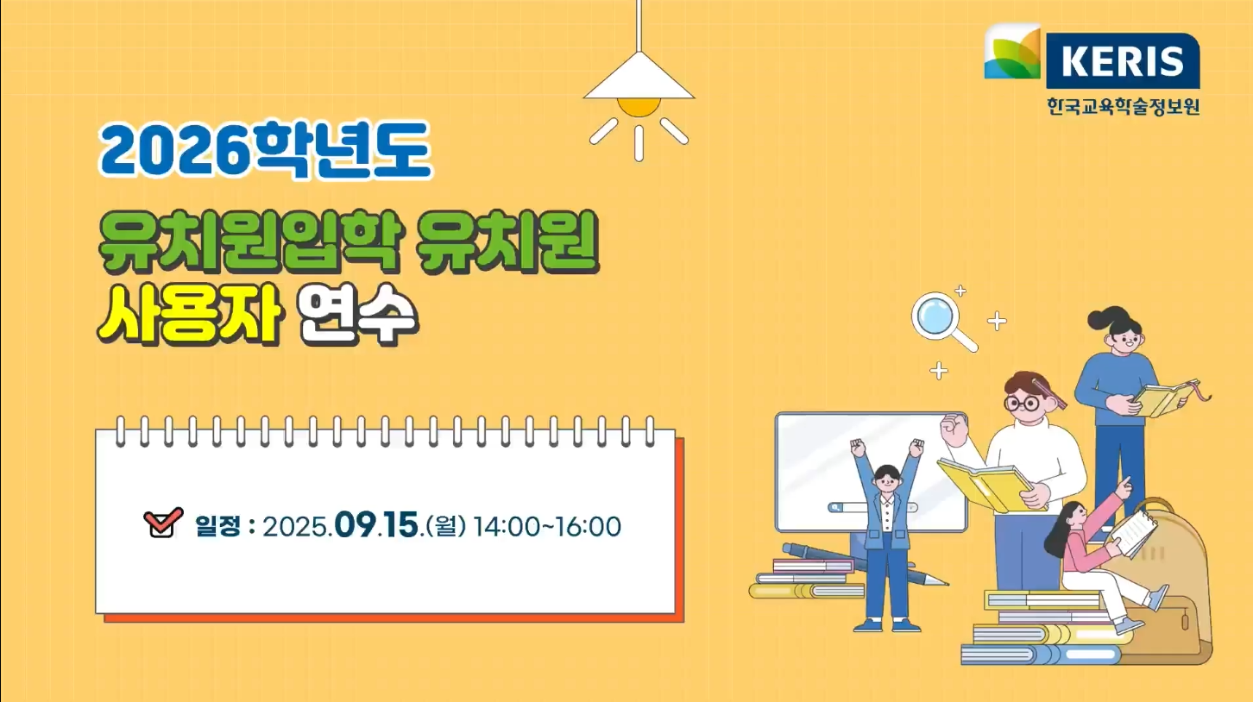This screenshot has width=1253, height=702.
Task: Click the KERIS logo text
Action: (x=1122, y=61)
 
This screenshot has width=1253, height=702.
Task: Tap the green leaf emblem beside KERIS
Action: (x=1012, y=52)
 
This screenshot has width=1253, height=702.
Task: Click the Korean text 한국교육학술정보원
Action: (x=1124, y=106)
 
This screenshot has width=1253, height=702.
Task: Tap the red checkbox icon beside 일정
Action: (x=163, y=523)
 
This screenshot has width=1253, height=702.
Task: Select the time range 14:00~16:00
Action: (x=547, y=526)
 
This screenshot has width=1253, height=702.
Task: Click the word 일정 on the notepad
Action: (x=217, y=526)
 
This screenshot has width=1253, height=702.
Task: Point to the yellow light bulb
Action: (x=639, y=107)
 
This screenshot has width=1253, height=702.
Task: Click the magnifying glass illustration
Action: (x=943, y=322)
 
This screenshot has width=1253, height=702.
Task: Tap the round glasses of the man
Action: (x=1022, y=403)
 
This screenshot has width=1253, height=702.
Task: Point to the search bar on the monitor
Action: (x=872, y=507)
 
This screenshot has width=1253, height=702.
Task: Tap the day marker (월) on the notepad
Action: (x=446, y=526)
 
